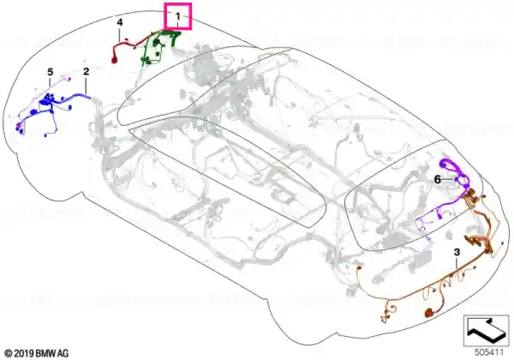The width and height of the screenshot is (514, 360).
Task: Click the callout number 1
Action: pyautogui.click(x=177, y=15)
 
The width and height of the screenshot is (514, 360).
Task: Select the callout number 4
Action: pyautogui.click(x=120, y=22)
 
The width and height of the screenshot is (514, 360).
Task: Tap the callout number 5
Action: pyautogui.click(x=50, y=72)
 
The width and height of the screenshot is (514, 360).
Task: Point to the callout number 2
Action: pyautogui.click(x=86, y=71)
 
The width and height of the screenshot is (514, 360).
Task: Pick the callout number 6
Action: pyautogui.click(x=437, y=180)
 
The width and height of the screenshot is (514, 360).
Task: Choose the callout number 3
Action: pyautogui.click(x=457, y=252)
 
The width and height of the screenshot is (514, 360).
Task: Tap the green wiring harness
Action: pyautogui.click(x=159, y=46)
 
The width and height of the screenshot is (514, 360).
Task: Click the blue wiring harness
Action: pyautogui.click(x=49, y=105)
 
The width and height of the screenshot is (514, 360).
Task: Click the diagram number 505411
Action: pyautogui.click(x=489, y=352)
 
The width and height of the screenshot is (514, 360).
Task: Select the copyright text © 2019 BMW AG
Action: pyautogui.click(x=37, y=353)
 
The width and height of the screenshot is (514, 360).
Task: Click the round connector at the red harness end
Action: pyautogui.click(x=115, y=60)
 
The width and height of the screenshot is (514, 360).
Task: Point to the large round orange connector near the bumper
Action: pyautogui.click(x=429, y=313)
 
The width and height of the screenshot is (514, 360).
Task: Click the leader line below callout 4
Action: pyautogui.click(x=120, y=34)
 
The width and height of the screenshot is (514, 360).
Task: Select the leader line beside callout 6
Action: pyautogui.click(x=449, y=180)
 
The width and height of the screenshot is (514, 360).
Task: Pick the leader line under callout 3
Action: pyautogui.click(x=457, y=265)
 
